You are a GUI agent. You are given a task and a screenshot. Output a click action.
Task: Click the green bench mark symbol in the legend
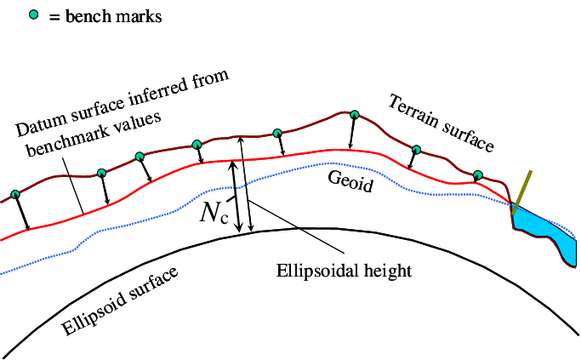(x=35, y=15)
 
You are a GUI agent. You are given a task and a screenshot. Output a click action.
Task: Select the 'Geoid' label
(x=350, y=180)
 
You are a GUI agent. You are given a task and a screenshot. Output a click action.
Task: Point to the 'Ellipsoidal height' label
(x=345, y=271)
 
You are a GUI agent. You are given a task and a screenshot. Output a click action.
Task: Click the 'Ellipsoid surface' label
(x=121, y=303)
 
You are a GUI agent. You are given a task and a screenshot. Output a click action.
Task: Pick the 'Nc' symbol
(x=214, y=213)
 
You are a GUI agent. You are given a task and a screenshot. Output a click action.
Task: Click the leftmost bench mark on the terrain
(x=14, y=194)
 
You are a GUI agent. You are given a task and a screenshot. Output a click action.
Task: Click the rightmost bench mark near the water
(x=478, y=175)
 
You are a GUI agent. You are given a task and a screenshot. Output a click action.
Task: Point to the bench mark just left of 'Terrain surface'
(x=416, y=150)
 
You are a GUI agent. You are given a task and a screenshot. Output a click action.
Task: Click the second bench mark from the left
(x=101, y=174)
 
